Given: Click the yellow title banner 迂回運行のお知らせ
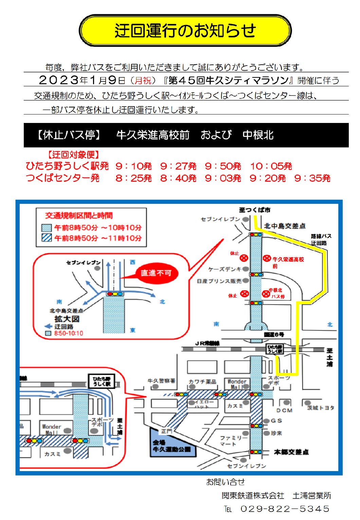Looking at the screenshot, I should click(x=185, y=31).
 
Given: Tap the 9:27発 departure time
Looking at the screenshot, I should click(x=178, y=166).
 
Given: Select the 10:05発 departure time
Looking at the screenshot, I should click(x=271, y=166).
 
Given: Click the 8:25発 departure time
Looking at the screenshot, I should click(x=133, y=178).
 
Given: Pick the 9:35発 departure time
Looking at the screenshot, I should click(x=312, y=178).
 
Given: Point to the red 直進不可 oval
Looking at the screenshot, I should click(x=156, y=273).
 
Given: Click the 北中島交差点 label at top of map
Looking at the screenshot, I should click(x=285, y=226).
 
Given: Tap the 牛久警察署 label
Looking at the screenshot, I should click(x=161, y=381).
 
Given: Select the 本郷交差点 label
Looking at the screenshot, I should click(x=291, y=452).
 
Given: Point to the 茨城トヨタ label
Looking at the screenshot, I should click(x=321, y=408).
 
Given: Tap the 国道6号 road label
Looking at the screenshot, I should click(x=274, y=335).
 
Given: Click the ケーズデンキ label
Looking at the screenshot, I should click(x=224, y=269).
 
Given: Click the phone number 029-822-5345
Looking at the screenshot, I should click(x=285, y=509).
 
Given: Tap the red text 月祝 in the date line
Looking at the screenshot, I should click(x=143, y=80).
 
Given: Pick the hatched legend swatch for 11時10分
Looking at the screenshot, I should click(x=47, y=238).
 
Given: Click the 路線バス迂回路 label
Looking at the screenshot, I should click(x=321, y=239).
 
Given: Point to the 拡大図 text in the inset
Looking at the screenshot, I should click(x=67, y=319).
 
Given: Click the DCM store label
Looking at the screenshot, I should click(x=284, y=410).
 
